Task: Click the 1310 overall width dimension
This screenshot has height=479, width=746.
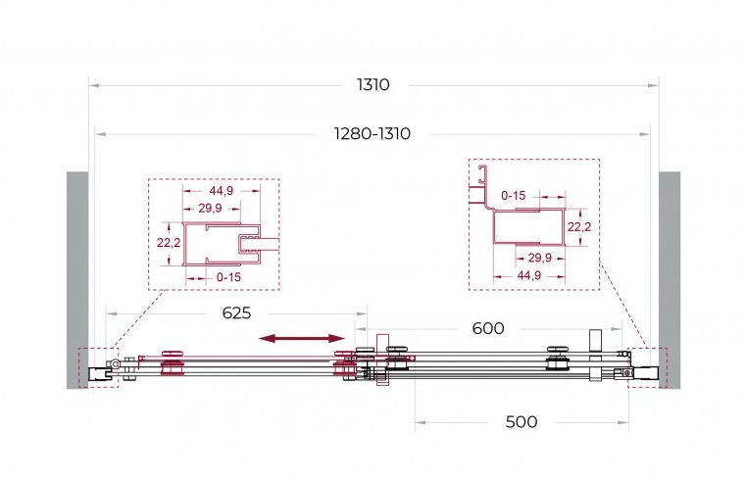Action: pyautogui.click(x=373, y=85)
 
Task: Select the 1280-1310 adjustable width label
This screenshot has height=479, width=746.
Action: pyautogui.click(x=373, y=134)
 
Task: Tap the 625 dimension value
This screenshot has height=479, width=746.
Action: pyautogui.click(x=236, y=313)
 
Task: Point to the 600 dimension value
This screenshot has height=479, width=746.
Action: pyautogui.click(x=488, y=328)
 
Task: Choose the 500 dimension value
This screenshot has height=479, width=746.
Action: pyautogui.click(x=522, y=422)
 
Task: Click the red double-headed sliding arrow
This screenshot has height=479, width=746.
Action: pyautogui.click(x=302, y=338)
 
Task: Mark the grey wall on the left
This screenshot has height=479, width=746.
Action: pyautogui.click(x=77, y=280)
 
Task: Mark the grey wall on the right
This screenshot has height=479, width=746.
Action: pyautogui.click(x=670, y=280)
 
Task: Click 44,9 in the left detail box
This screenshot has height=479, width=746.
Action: pyautogui.click(x=222, y=191)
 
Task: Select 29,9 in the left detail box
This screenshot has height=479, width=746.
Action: pyautogui.click(x=211, y=208)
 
